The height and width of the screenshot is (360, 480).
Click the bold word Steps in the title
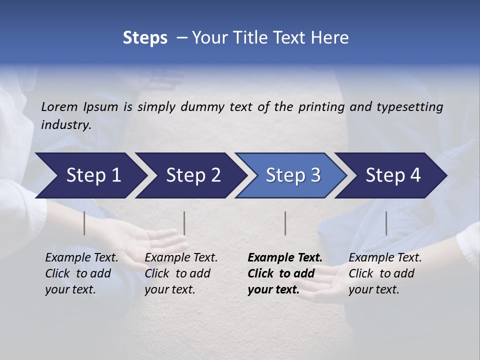click(x=145, y=38)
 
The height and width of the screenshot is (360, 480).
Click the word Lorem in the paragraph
click(x=59, y=106)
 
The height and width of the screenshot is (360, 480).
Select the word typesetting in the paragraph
click(x=409, y=106)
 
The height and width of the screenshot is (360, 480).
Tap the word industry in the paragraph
click(x=65, y=124)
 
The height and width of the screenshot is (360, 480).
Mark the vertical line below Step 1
click(x=84, y=223)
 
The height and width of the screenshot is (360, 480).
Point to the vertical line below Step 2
click(x=184, y=223)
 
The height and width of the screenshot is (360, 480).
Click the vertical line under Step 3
click(x=285, y=223)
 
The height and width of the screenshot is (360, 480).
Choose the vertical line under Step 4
click(x=386, y=223)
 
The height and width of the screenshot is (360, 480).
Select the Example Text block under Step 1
click(x=81, y=273)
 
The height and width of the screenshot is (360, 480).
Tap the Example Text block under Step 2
click(x=181, y=273)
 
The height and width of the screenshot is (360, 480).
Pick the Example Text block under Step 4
click(x=385, y=273)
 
